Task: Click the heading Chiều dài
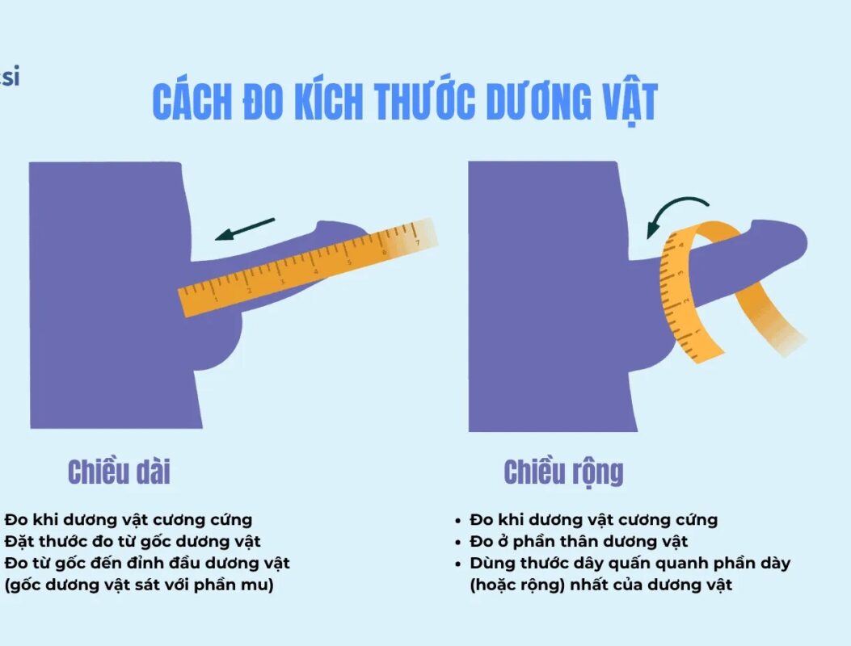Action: (119, 472)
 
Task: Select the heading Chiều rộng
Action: (563, 472)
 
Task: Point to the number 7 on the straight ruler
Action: (417, 241)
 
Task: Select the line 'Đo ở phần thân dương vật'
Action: (579, 542)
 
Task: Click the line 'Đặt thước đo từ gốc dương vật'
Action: (133, 541)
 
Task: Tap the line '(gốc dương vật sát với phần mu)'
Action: (139, 585)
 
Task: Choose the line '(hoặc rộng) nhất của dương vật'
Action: (600, 585)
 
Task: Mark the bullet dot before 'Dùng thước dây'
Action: (460, 564)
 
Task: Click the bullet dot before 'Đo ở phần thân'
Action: (460, 542)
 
